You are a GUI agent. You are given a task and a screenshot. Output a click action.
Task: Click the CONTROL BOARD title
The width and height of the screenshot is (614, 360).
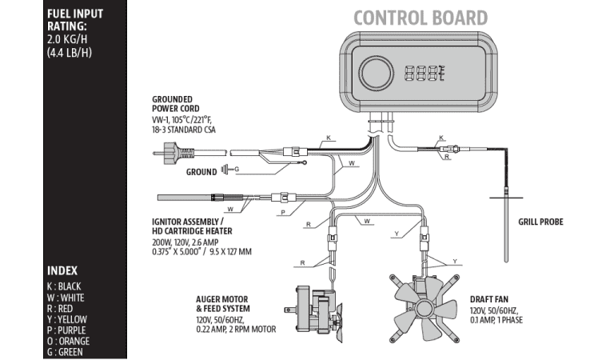coord(421,17)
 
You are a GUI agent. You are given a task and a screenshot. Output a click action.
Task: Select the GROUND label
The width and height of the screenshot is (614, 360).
coord(201,171)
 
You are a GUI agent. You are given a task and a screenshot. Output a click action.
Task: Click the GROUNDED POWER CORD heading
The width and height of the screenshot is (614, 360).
coord(176,104)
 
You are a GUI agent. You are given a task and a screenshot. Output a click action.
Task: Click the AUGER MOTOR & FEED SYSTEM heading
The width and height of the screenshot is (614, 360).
coord(223,304)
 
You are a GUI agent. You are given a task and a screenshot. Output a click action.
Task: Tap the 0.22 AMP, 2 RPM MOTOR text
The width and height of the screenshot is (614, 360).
coord(237,328)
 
